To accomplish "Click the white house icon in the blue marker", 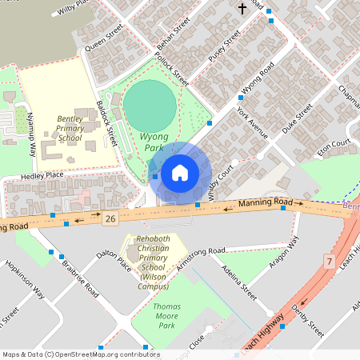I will click(x=180, y=172).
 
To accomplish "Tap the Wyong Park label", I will click(x=154, y=142).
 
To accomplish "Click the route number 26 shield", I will click(x=110, y=218).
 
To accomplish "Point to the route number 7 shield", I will click(x=329, y=261).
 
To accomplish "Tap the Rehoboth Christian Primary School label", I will click(x=153, y=263).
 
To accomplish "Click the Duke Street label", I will click(x=297, y=120).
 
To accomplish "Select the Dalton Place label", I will click(x=113, y=259).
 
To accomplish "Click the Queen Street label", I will click(x=104, y=38).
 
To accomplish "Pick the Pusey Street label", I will click(x=224, y=50).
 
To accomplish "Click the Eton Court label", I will click(x=334, y=147).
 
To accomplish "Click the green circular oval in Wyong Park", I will click(x=150, y=102).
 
